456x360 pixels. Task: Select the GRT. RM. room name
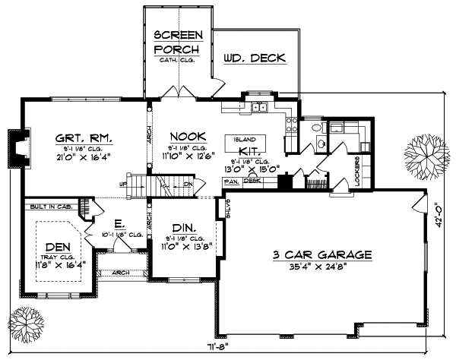point(84,138)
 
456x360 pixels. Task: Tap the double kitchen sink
point(258,107)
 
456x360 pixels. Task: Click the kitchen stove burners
point(290,123)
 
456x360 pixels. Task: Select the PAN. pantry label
point(230,181)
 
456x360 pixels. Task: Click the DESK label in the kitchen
point(252,181)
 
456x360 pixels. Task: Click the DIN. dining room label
point(182,226)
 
